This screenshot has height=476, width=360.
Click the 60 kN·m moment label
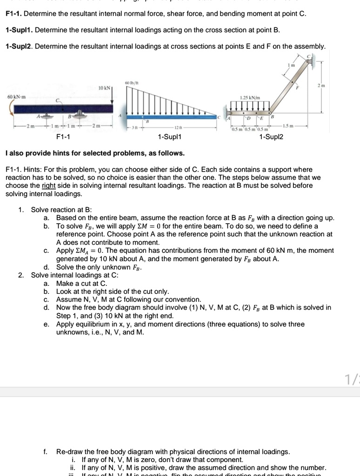pos(16,97)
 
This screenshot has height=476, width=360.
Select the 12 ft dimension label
pos(178,128)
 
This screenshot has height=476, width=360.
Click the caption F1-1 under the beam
pos(63,137)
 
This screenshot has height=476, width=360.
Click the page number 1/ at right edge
pos(353,380)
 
